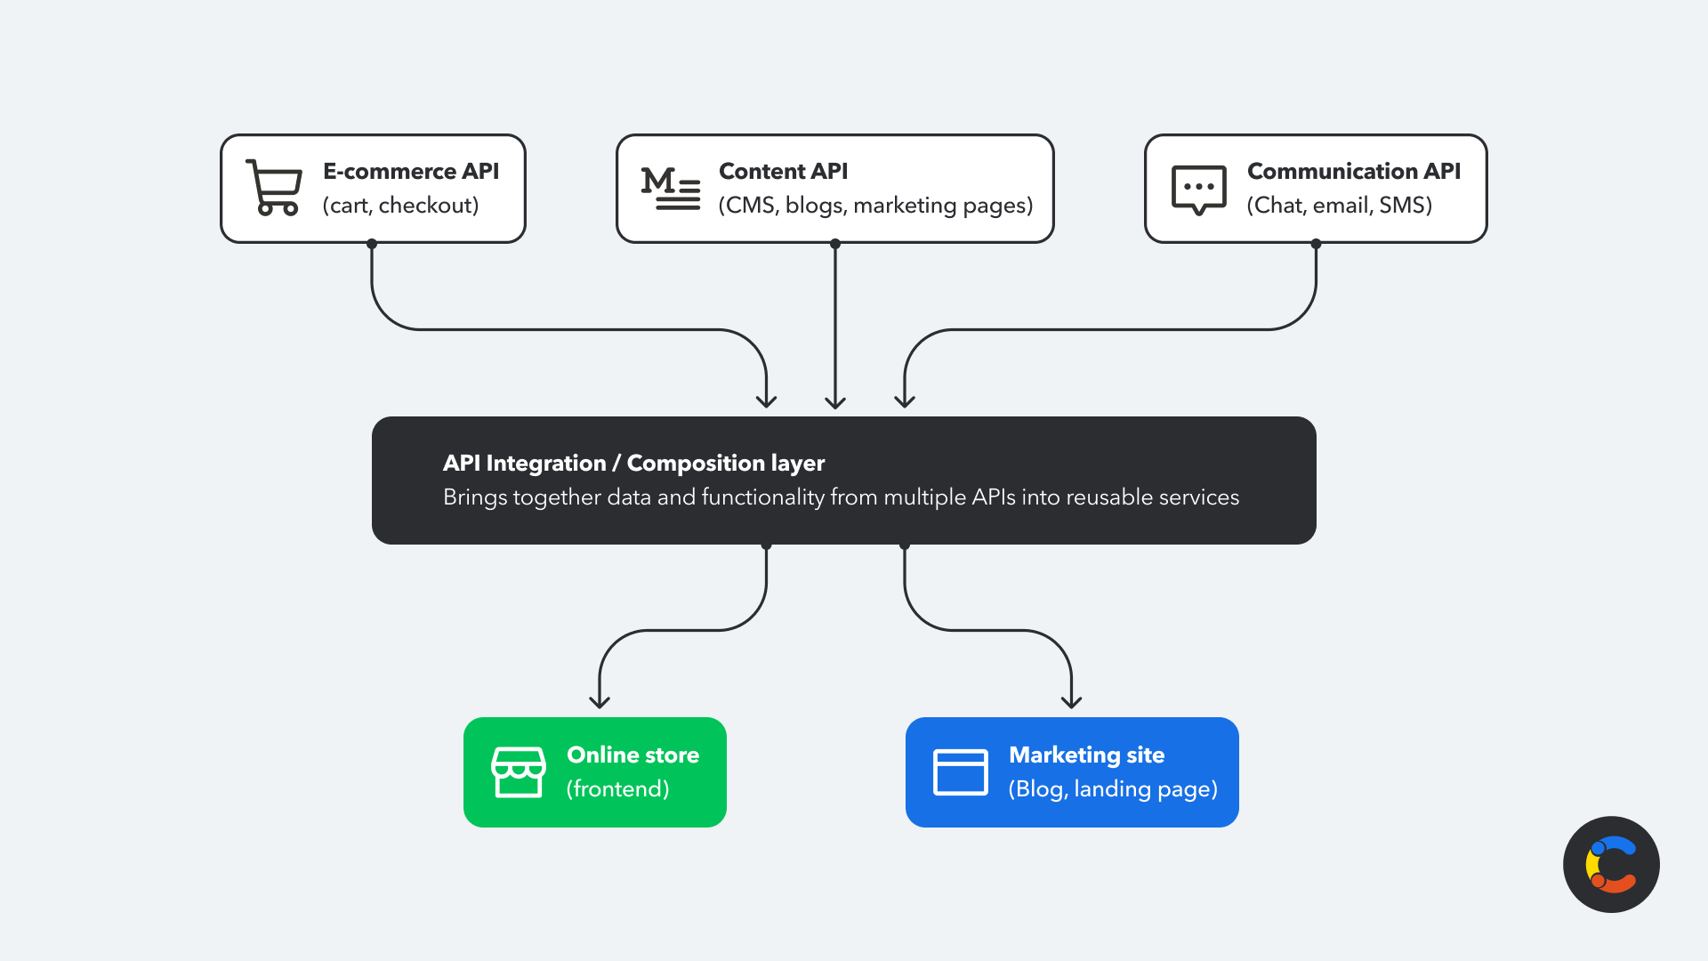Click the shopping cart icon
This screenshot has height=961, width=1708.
click(275, 188)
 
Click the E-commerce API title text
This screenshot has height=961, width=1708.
click(410, 171)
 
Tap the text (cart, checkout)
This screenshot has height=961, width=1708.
click(400, 206)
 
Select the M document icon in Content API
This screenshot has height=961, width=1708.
click(670, 188)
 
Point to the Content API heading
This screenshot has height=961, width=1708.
click(783, 171)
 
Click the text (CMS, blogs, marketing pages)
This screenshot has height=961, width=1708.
click(875, 206)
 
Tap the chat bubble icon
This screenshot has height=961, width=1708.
click(1198, 190)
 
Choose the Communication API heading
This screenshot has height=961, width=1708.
click(1353, 171)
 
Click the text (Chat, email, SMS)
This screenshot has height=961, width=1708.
click(1339, 206)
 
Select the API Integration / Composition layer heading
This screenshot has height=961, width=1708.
click(633, 463)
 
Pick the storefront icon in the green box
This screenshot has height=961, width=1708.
click(518, 771)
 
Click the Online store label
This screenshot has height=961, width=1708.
click(632, 755)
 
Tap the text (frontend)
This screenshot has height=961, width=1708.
click(617, 789)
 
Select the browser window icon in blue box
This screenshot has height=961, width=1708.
click(960, 771)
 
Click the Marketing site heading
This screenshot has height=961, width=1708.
click(1086, 755)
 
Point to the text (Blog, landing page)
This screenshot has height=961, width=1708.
click(1112, 789)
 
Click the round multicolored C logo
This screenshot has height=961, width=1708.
click(1610, 864)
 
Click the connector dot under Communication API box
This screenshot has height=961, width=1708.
click(1316, 243)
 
